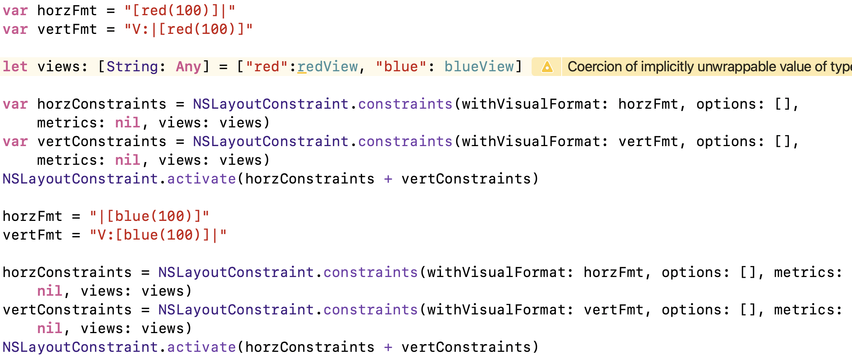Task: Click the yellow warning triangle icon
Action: click(547, 67)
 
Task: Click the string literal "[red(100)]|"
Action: click(180, 11)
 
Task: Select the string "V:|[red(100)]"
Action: click(188, 29)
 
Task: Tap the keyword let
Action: click(15, 67)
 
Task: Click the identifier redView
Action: click(327, 67)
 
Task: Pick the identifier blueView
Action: click(479, 67)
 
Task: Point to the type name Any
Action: click(188, 67)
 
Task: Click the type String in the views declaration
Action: click(132, 67)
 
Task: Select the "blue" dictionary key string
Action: click(401, 67)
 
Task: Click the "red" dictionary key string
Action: click(267, 67)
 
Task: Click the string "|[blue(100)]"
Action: click(149, 216)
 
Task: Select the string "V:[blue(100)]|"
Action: click(158, 235)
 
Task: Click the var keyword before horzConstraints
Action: click(15, 104)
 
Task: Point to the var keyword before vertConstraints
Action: click(15, 141)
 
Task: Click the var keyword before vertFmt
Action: click(15, 29)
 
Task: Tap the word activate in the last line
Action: click(202, 347)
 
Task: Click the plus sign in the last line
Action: click(388, 347)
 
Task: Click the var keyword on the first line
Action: click(15, 11)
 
